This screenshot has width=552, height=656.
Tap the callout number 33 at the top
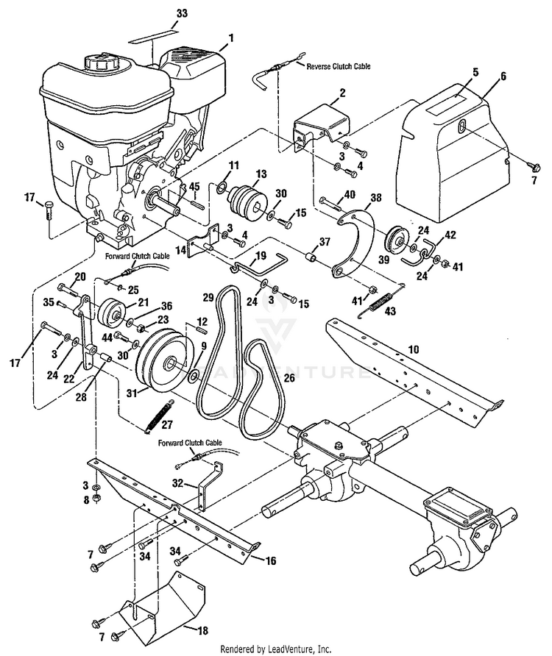(183, 13)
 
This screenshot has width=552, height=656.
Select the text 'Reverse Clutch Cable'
(339, 66)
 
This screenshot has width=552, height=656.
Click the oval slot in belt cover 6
(461, 126)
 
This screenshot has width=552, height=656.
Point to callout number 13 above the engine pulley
(261, 174)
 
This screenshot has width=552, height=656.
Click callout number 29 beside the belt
(208, 297)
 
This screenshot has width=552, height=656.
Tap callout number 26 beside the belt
(289, 378)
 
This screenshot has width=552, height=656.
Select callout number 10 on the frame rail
(414, 349)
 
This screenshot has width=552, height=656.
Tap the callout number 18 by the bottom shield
(202, 630)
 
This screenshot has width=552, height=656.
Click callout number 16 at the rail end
(271, 560)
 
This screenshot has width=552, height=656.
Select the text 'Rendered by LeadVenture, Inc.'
(276, 649)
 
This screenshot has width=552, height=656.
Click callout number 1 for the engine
(230, 38)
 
